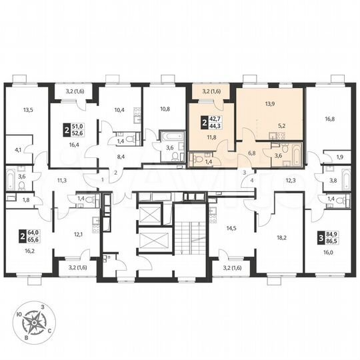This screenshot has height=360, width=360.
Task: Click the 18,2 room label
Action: pyautogui.click(x=280, y=236)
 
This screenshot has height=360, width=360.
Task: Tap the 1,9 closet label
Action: pyautogui.click(x=340, y=157)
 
